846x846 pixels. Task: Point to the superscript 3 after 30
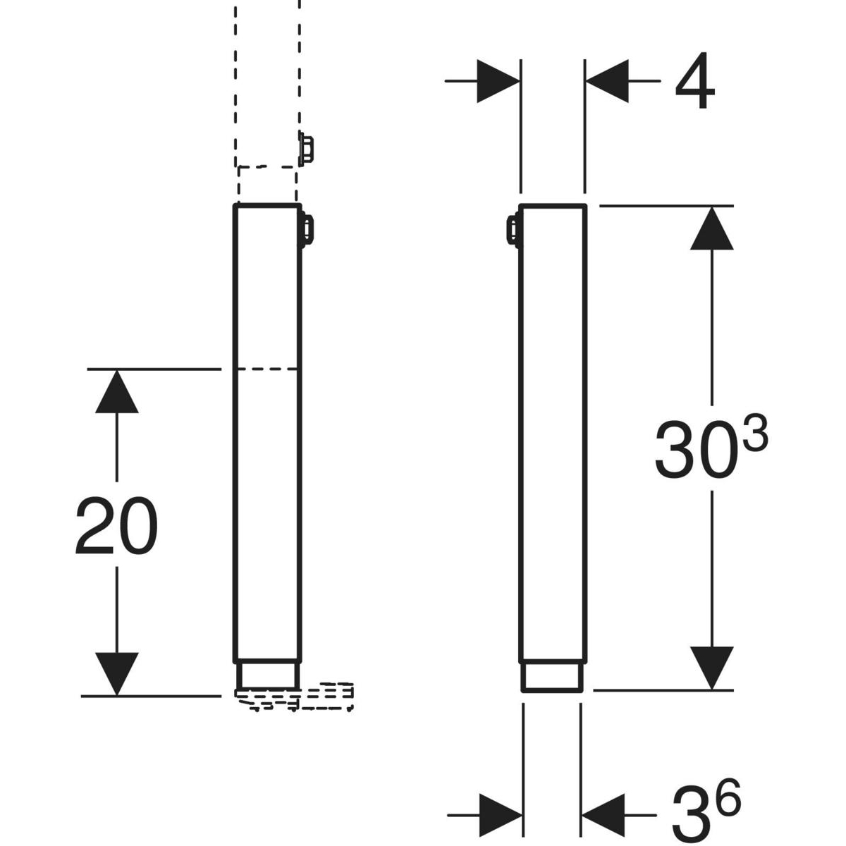pyautogui.click(x=754, y=441)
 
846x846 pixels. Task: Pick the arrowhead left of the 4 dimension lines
pyautogui.click(x=498, y=82)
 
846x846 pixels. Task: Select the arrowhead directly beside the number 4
pyautogui.click(x=607, y=82)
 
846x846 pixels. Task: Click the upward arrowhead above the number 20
pyautogui.click(x=116, y=392)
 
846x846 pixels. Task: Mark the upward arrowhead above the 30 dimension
pyautogui.click(x=712, y=228)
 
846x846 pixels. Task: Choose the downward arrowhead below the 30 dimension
pyautogui.click(x=712, y=667)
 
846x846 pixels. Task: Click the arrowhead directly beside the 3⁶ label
pyautogui.click(x=603, y=815)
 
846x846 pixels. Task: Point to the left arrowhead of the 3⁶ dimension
pyautogui.click(x=500, y=815)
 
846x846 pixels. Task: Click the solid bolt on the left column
pyautogui.click(x=308, y=230)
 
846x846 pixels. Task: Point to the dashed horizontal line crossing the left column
pyautogui.click(x=266, y=369)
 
